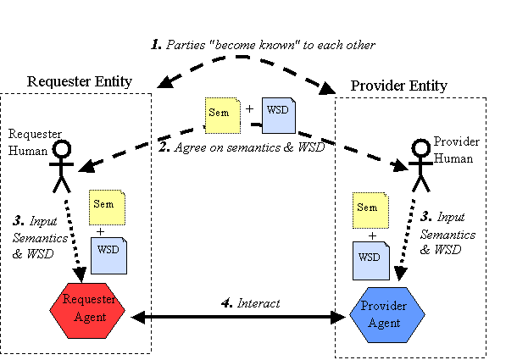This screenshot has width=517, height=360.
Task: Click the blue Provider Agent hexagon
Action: [x=386, y=312]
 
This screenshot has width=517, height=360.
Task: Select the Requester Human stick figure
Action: [x=61, y=166]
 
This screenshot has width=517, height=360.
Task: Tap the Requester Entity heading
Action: [x=80, y=81]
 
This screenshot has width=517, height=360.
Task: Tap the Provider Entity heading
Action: [x=399, y=86]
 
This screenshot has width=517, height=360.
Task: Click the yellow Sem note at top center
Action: [x=220, y=115]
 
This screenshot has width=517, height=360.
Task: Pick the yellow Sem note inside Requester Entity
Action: [x=107, y=207]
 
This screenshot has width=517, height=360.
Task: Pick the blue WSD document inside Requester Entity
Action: [x=108, y=252]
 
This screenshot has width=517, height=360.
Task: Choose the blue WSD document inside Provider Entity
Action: [x=366, y=256]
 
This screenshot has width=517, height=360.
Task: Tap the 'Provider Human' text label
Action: [x=456, y=147]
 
